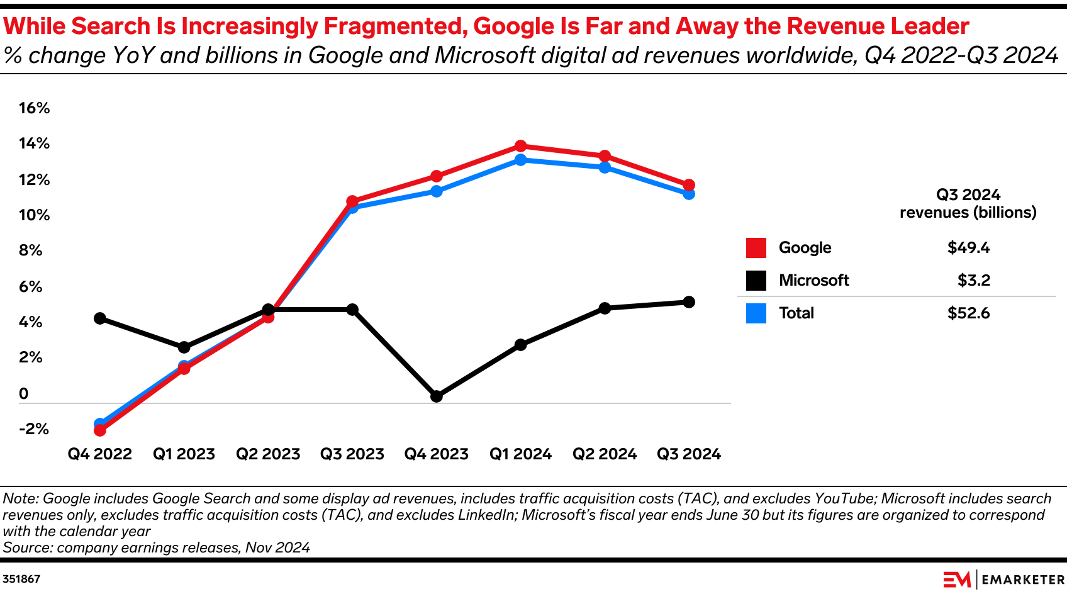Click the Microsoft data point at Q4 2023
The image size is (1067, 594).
pyautogui.click(x=437, y=396)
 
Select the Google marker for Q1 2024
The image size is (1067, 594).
pyautogui.click(x=520, y=147)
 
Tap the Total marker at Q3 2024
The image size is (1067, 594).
pyautogui.click(x=689, y=194)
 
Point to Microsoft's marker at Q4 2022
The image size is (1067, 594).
pyautogui.click(x=99, y=318)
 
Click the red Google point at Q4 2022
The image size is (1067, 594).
pyautogui.click(x=99, y=430)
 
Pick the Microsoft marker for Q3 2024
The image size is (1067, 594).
pyautogui.click(x=689, y=302)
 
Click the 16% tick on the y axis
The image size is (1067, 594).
pyautogui.click(x=34, y=108)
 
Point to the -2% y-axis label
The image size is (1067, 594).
pyautogui.click(x=34, y=429)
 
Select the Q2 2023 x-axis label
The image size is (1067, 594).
pyautogui.click(x=268, y=454)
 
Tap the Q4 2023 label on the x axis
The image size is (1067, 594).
pyautogui.click(x=437, y=454)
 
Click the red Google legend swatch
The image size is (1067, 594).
pyautogui.click(x=756, y=248)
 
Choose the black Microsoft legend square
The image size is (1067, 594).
pyautogui.click(x=756, y=281)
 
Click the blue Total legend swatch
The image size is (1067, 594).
pyautogui.click(x=756, y=313)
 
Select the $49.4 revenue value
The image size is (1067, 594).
pyautogui.click(x=968, y=248)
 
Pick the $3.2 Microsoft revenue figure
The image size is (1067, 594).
pyautogui.click(x=973, y=281)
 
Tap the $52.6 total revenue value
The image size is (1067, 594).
pyautogui.click(x=968, y=313)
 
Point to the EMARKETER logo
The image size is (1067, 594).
pyautogui.click(x=1003, y=580)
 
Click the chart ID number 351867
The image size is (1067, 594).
pyautogui.click(x=21, y=579)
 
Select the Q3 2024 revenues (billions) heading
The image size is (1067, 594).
pyautogui.click(x=968, y=204)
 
